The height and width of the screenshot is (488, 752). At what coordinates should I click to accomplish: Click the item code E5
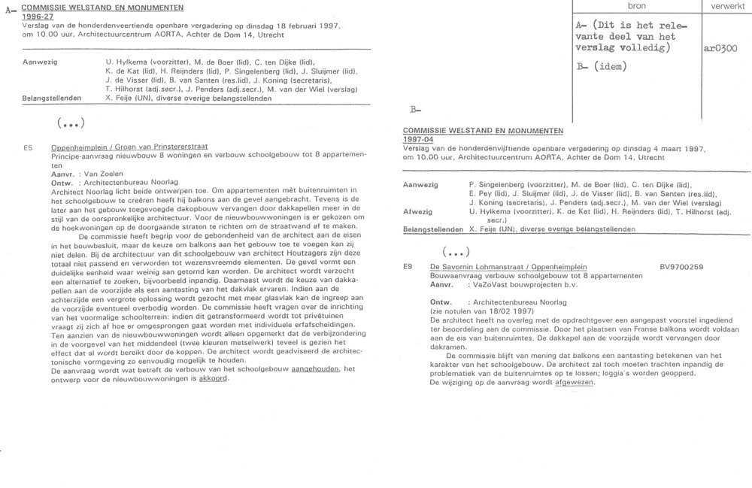[28, 147]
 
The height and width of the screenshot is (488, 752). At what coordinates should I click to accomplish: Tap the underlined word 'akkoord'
[214, 377]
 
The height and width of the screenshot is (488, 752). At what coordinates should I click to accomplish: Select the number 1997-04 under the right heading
[420, 140]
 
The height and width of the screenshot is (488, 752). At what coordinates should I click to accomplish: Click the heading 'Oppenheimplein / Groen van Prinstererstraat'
[129, 147]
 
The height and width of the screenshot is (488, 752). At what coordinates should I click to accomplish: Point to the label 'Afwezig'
[419, 212]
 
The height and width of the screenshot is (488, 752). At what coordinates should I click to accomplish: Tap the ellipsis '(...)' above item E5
[71, 123]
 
